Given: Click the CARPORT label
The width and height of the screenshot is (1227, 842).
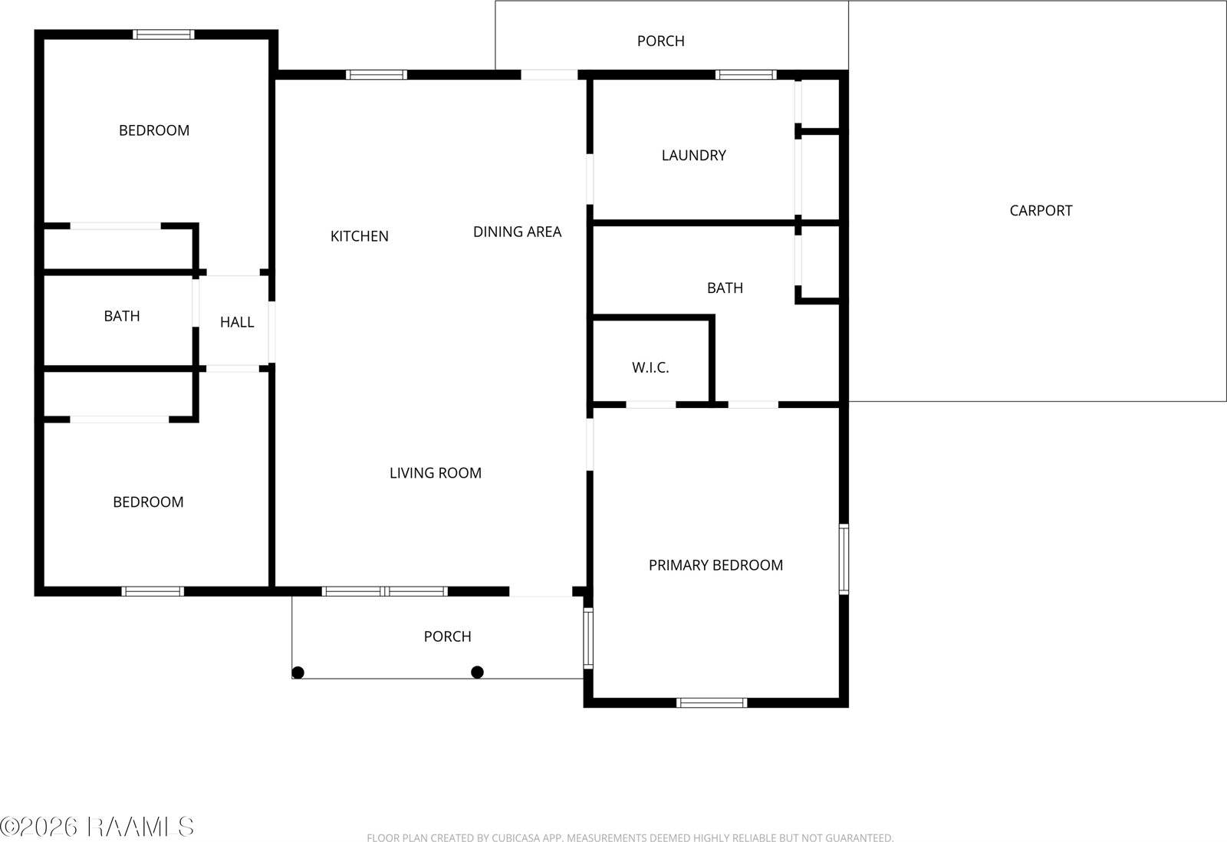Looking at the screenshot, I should pyautogui.click(x=1041, y=210).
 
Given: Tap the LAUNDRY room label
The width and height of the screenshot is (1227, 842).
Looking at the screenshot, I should pyautogui.click(x=693, y=155).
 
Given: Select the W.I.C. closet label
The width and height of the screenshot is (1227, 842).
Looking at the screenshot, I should pyautogui.click(x=650, y=367).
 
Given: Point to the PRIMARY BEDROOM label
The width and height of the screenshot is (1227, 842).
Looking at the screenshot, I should pyautogui.click(x=715, y=565).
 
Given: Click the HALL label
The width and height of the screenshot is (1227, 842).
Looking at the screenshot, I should pyautogui.click(x=237, y=322).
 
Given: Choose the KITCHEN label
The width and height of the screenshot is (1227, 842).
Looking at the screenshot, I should pyautogui.click(x=359, y=236).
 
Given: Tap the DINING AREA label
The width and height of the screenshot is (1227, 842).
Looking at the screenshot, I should pyautogui.click(x=517, y=232).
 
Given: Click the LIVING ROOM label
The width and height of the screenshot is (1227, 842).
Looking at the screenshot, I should pyautogui.click(x=435, y=473).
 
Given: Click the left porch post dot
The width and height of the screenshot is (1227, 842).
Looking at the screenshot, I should pyautogui.click(x=298, y=673).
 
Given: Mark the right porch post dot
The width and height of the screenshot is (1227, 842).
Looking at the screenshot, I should pyautogui.click(x=477, y=673).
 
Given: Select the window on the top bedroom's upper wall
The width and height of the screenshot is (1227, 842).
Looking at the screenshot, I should pyautogui.click(x=163, y=35).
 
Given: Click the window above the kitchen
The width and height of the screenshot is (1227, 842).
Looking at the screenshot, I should pyautogui.click(x=376, y=74).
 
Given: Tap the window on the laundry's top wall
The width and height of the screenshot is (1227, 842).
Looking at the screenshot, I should pyautogui.click(x=745, y=74).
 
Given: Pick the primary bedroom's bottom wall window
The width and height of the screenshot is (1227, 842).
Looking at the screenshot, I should pyautogui.click(x=711, y=702).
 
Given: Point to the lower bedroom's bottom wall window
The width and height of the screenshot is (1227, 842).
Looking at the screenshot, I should pyautogui.click(x=153, y=591).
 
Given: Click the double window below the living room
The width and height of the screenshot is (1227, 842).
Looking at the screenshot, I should pyautogui.click(x=384, y=591).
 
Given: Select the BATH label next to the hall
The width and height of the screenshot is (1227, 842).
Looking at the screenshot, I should pyautogui.click(x=122, y=316).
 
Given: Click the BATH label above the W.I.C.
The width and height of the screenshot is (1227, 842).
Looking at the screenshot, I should pyautogui.click(x=725, y=288).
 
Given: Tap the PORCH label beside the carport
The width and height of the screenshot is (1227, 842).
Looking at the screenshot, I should pyautogui.click(x=660, y=41).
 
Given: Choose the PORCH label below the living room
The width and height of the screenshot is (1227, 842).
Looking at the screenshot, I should pyautogui.click(x=447, y=636).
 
